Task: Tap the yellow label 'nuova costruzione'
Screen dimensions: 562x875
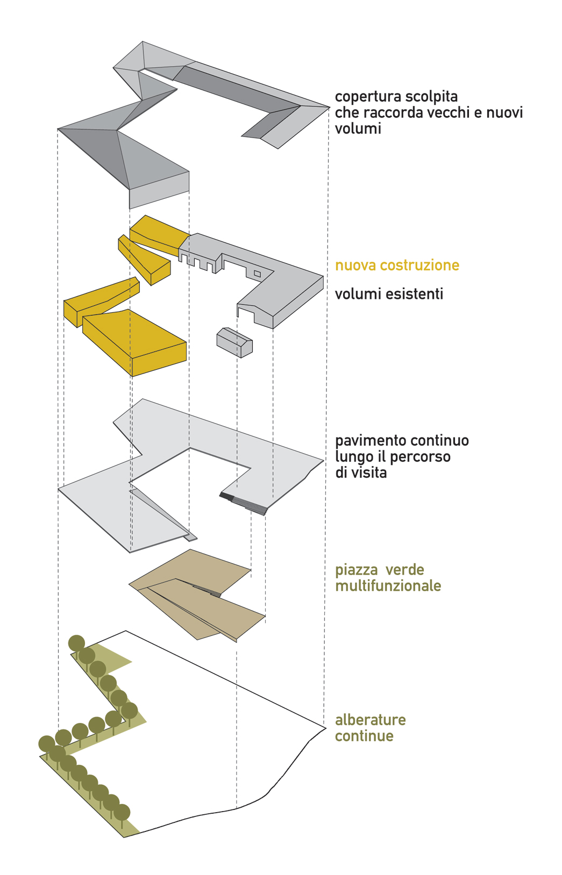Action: (x=397, y=265)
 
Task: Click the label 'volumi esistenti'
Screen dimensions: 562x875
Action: (x=389, y=294)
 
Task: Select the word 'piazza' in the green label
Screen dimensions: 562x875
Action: (x=357, y=570)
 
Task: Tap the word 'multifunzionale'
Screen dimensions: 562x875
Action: (x=388, y=586)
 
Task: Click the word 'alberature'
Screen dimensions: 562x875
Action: (x=371, y=720)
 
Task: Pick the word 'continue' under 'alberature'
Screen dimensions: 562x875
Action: (x=364, y=736)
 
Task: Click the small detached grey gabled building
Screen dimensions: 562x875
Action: (x=234, y=342)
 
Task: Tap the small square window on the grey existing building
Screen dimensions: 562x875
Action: (x=257, y=274)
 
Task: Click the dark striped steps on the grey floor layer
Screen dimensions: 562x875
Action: (x=243, y=503)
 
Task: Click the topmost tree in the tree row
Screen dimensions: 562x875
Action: (x=76, y=643)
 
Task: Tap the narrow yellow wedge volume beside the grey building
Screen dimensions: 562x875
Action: (x=145, y=260)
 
